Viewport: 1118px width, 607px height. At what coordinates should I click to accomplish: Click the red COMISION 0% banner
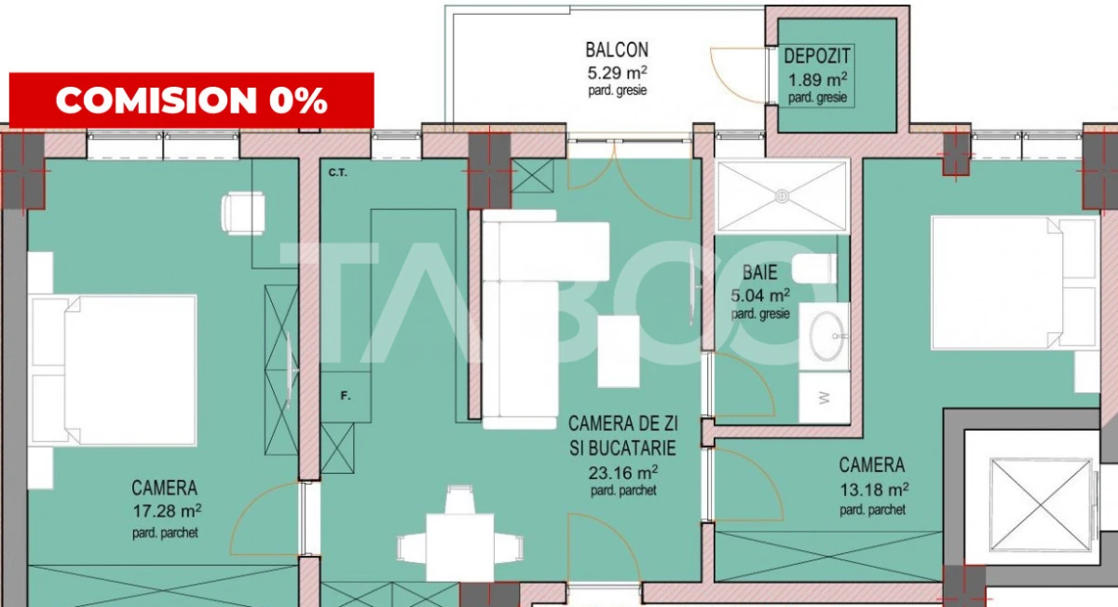191,100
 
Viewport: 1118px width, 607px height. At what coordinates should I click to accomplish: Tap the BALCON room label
617,49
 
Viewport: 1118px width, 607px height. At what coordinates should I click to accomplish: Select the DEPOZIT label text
817,57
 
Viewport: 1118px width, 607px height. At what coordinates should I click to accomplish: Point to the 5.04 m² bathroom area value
760,296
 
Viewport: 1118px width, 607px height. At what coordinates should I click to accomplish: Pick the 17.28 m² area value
167,510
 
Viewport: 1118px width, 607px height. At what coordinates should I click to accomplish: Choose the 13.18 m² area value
873,488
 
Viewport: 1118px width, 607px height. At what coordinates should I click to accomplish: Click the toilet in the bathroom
812,269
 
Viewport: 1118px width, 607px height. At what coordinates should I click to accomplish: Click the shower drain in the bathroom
783,196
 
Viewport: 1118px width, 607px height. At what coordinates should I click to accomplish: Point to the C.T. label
337,172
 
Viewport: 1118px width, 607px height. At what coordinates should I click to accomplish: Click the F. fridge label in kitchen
345,396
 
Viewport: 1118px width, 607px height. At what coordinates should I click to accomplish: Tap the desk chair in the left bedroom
242,214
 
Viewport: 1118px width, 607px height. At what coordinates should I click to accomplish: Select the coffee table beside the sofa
618,351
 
